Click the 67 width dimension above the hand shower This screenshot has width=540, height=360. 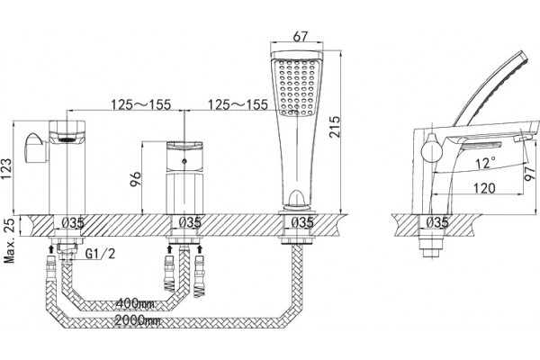(300, 36)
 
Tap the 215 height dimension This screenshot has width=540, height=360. (334, 127)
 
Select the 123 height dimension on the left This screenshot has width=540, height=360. (6, 169)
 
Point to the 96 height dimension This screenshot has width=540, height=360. (136, 179)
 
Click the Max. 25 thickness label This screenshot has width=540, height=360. (9, 240)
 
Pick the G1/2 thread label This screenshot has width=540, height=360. (100, 254)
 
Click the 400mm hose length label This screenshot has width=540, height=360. (135, 303)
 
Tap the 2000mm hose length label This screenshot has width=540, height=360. (137, 320)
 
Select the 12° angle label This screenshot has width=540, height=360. (486, 163)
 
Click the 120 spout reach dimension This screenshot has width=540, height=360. (484, 188)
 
